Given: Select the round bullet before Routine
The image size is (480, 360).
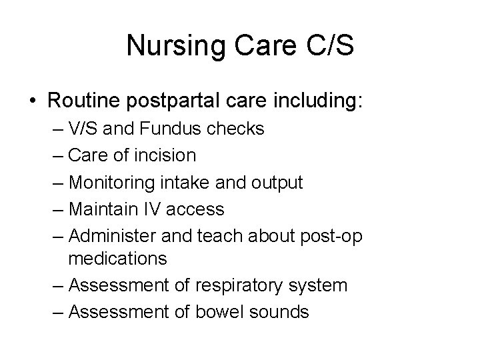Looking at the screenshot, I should click(33, 103).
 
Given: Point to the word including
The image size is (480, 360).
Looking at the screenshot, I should click(317, 102).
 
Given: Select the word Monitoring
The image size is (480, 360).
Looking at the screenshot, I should click(111, 183).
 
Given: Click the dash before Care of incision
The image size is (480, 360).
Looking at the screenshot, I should click(58, 156).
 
